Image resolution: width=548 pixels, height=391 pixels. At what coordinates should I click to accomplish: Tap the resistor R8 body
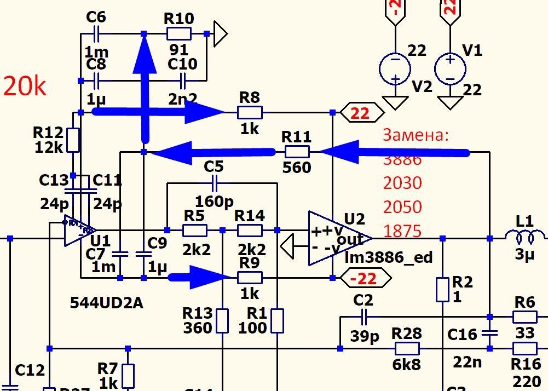250,113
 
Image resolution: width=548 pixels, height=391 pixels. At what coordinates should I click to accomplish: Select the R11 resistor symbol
297,152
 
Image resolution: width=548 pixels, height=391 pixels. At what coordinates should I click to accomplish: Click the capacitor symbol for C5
214,183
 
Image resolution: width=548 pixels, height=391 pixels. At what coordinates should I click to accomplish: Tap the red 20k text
25,87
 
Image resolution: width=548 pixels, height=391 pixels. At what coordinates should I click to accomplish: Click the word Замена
416,135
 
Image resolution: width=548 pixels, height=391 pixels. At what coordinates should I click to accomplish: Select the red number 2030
402,182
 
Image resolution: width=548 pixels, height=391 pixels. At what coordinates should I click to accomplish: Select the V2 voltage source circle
395,68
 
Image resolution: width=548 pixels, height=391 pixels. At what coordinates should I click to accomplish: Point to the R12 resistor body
73,140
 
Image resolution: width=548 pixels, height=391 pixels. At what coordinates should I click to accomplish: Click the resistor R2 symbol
442,290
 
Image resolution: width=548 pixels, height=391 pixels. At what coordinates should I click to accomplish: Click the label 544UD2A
107,303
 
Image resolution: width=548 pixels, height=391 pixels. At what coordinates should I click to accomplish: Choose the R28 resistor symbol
407,348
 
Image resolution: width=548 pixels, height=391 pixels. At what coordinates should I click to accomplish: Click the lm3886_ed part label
388,257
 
